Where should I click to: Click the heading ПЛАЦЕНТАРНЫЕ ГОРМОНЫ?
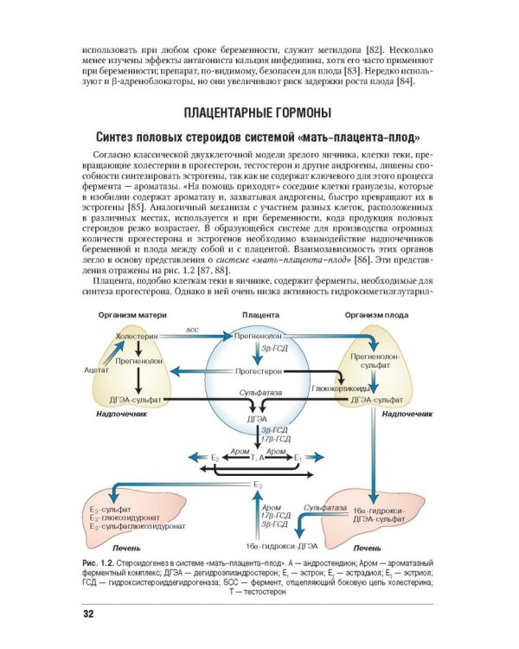[x=259, y=112]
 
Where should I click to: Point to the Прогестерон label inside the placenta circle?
[x=259, y=369]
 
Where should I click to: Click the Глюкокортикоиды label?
[x=337, y=389]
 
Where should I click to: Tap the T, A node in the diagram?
[x=258, y=455]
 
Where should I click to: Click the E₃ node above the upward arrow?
[x=258, y=486]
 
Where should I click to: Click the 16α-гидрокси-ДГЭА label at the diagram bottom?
[x=281, y=547]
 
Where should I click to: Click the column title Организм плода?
[x=380, y=314]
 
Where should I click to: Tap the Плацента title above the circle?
[x=259, y=314]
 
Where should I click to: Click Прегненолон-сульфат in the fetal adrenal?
[x=375, y=361]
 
